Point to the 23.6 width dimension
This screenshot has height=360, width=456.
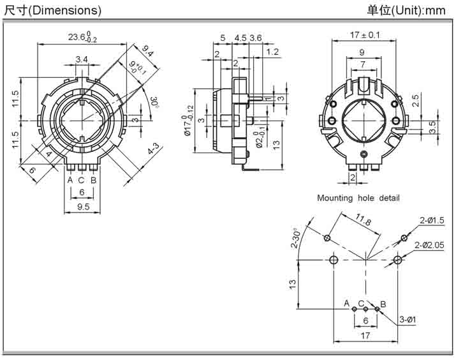click(x=80, y=38)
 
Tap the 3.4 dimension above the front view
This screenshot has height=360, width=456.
click(x=82, y=59)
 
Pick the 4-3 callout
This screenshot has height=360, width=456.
click(x=154, y=153)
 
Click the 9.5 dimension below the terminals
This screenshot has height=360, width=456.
click(x=82, y=207)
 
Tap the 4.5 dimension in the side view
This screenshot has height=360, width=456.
click(x=240, y=38)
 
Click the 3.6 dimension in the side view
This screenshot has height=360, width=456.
click(x=255, y=38)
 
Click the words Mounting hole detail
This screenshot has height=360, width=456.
click(x=358, y=198)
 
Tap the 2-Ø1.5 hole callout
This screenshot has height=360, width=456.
click(x=432, y=220)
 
